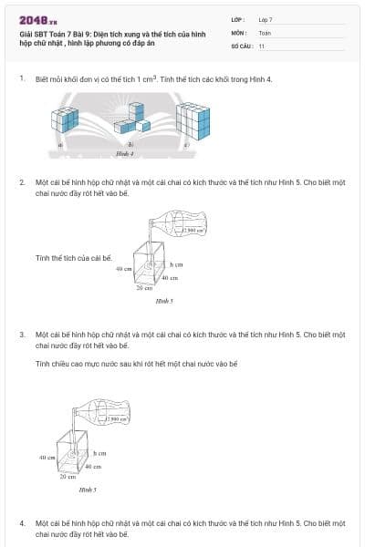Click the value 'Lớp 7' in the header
(x=266, y=19)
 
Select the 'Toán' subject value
(x=265, y=32)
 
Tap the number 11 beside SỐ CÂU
(x=262, y=45)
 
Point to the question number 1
(x=22, y=79)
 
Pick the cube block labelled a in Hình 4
(x=67, y=121)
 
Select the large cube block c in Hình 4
(x=193, y=120)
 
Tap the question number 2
(x=22, y=182)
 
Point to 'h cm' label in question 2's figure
(x=176, y=263)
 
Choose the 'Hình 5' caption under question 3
(x=88, y=490)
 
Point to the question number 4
(x=22, y=523)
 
